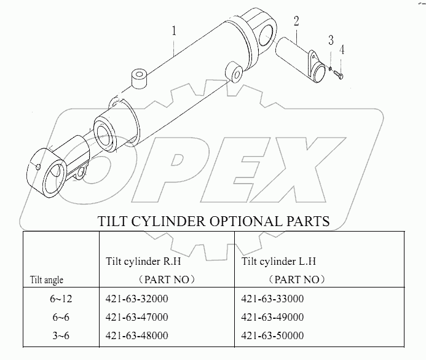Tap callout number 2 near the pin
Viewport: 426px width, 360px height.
pos(296,21)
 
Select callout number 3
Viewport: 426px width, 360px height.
pos(331,41)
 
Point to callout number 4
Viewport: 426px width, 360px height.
pos(342,50)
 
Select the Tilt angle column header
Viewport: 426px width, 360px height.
pos(47,280)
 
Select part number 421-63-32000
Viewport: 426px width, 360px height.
pos(137,299)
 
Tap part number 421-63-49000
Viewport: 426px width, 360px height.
pos(273,317)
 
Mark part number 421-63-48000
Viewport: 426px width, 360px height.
pos(137,335)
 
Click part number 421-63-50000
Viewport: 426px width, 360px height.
pos(273,335)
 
